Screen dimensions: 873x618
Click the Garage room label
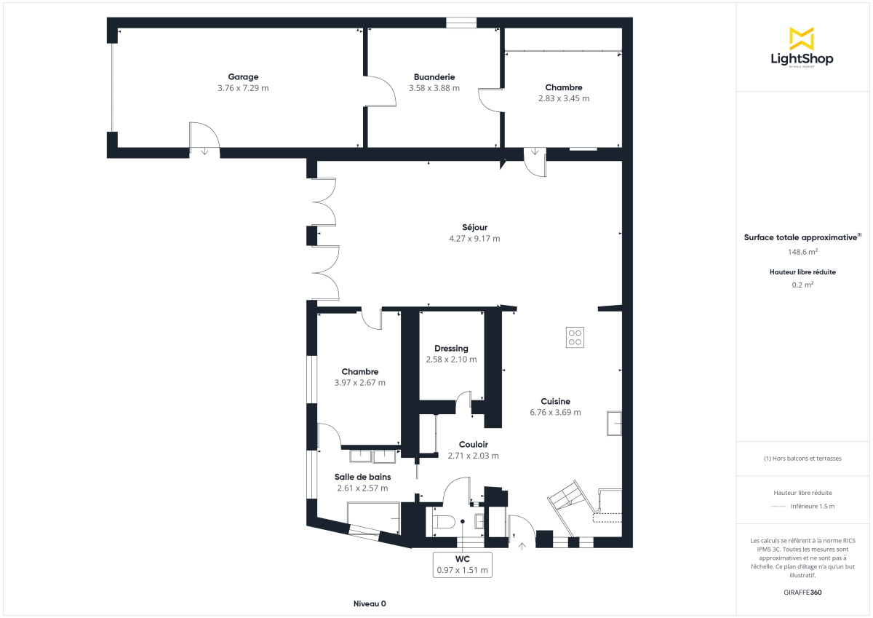[243, 76]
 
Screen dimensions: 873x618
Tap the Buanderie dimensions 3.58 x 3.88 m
[434, 88]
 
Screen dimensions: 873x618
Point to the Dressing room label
[451, 348]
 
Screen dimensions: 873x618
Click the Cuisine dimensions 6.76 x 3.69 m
[555, 412]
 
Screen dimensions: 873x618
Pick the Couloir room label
[473, 444]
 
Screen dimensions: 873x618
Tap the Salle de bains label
[362, 477]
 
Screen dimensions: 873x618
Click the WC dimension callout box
[462, 564]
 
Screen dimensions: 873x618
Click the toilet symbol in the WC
[444, 521]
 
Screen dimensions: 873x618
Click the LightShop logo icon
[801, 39]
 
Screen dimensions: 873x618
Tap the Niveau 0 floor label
[370, 603]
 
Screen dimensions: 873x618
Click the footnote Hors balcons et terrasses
[803, 459]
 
